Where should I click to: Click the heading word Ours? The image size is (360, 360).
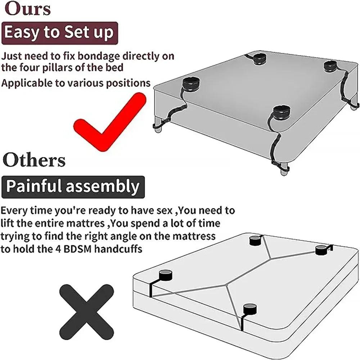point(28,9)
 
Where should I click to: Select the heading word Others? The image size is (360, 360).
point(34,160)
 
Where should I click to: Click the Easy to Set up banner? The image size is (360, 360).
point(60,33)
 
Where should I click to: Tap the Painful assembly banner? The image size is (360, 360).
point(73,187)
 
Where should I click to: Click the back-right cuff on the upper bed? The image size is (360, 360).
point(330,66)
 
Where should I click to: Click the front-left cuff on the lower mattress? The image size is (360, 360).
point(166,275)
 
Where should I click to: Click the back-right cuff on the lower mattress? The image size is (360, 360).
point(321,250)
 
